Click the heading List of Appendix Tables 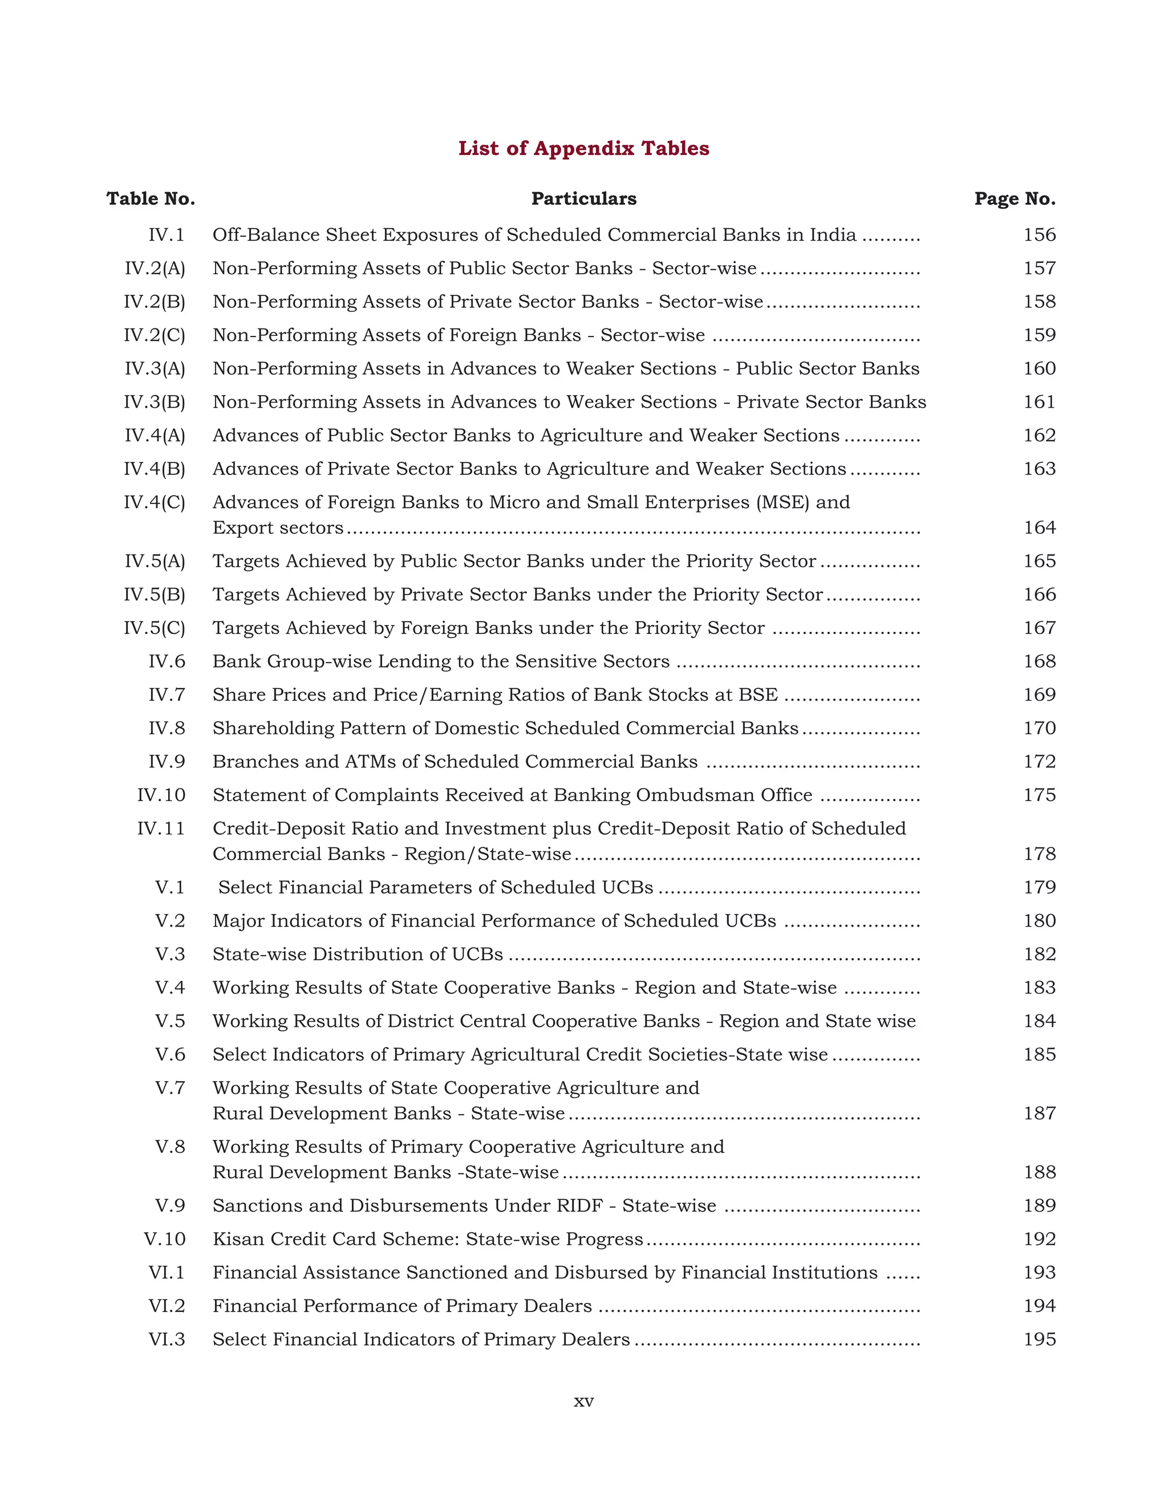tap(583, 148)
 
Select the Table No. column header tap(151, 199)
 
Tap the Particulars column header tap(583, 199)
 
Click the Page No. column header tap(1015, 199)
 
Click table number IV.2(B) tap(155, 302)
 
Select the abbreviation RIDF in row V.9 tap(580, 1205)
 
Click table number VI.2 tap(167, 1306)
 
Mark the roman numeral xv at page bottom tap(583, 1402)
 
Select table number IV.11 tap(161, 829)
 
